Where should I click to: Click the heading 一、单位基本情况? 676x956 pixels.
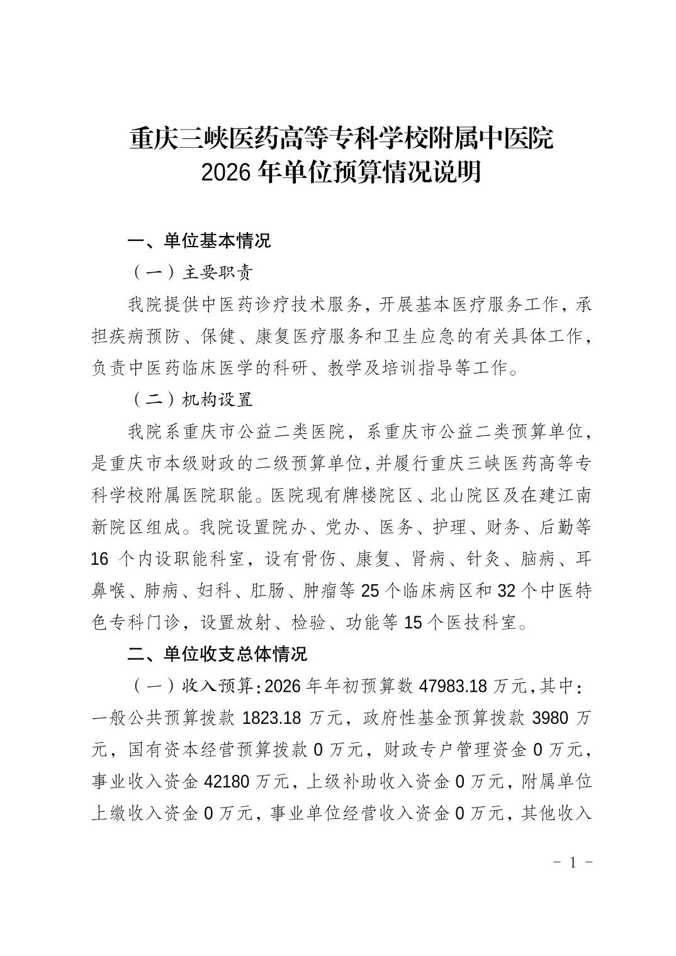pos(199,240)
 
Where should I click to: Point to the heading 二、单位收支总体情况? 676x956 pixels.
pos(217,654)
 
